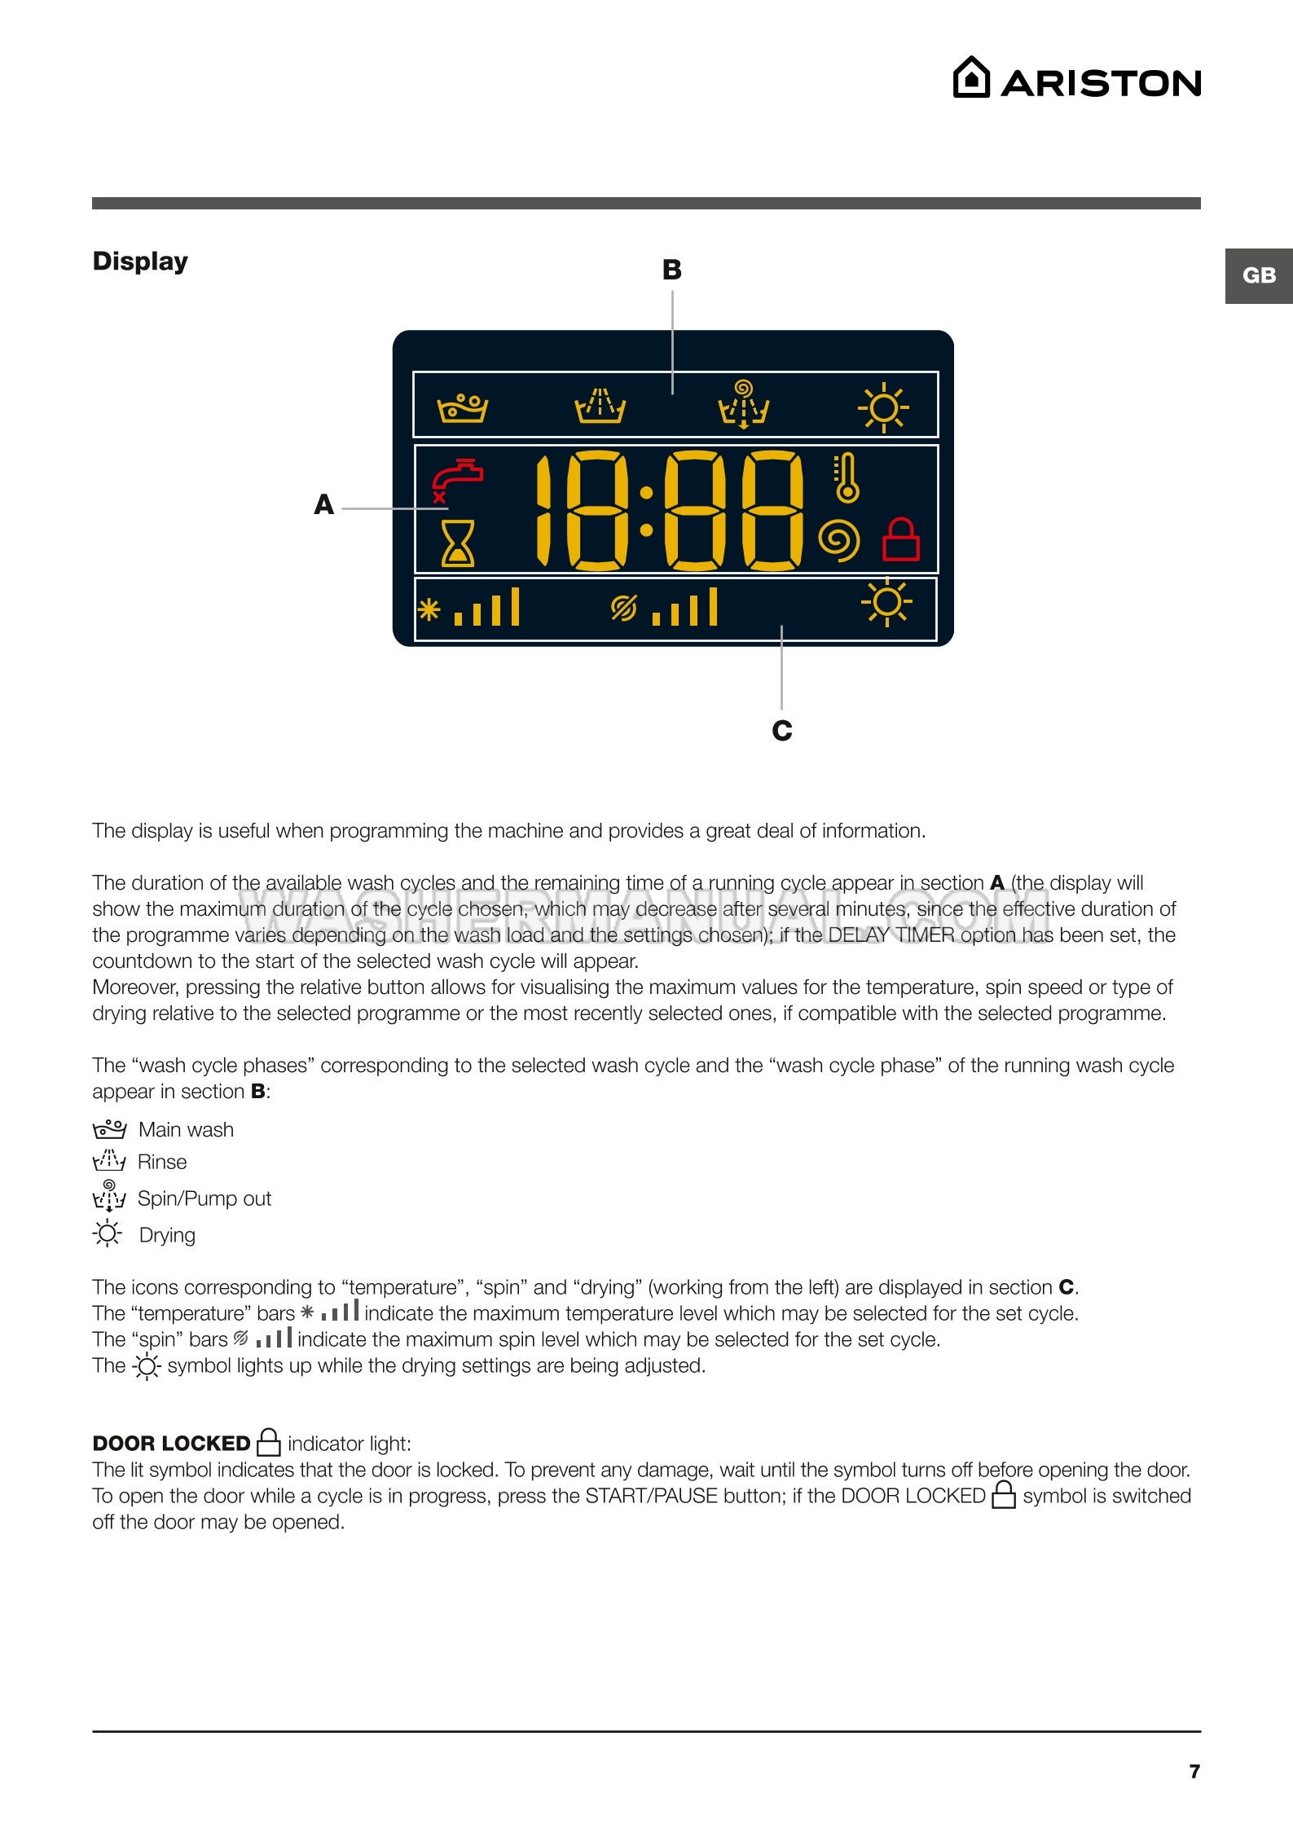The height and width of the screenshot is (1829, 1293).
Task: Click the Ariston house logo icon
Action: pyautogui.click(x=971, y=78)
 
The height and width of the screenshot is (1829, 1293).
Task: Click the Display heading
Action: pyautogui.click(x=140, y=262)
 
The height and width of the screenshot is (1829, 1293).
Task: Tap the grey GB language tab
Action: pyautogui.click(x=1258, y=275)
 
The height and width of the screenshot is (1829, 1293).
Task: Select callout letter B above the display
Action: pyautogui.click(x=671, y=270)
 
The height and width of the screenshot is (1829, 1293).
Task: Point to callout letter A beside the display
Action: pyautogui.click(x=324, y=505)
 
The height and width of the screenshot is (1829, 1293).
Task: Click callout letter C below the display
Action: pyautogui.click(x=781, y=731)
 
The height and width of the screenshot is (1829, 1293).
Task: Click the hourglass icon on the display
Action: pyautogui.click(x=457, y=543)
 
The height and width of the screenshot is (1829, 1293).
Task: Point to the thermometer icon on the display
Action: pyautogui.click(x=846, y=478)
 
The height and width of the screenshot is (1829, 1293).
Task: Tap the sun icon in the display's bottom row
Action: pyautogui.click(x=886, y=603)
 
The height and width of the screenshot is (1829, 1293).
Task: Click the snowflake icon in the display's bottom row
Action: pyautogui.click(x=429, y=609)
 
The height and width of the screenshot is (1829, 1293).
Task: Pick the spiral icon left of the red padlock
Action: pyautogui.click(x=839, y=539)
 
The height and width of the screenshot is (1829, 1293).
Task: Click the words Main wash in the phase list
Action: pyautogui.click(x=186, y=1130)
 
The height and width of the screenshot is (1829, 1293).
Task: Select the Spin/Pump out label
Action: pyautogui.click(x=204, y=1198)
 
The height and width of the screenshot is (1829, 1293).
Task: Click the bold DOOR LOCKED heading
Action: pyautogui.click(x=171, y=1444)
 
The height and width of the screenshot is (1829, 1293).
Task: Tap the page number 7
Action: pyautogui.click(x=1194, y=1771)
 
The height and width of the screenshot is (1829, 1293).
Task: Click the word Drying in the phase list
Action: pyautogui.click(x=167, y=1235)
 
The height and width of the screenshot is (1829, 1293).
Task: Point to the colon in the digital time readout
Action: pyautogui.click(x=646, y=511)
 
